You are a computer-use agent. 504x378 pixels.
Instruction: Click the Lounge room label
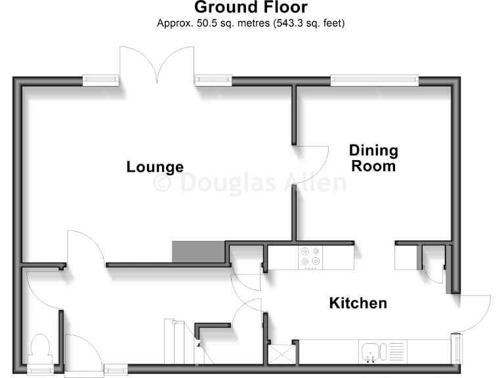coord(155,167)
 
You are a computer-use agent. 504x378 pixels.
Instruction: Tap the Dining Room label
coord(373,158)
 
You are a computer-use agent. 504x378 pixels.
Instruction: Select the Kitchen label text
coord(358,303)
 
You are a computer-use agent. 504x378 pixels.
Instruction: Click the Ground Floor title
coord(251,8)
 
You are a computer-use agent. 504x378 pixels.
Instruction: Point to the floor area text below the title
coord(251,24)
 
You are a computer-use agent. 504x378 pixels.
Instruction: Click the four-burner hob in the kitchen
coord(310,257)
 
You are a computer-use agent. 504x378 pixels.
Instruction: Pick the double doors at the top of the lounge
coord(156,66)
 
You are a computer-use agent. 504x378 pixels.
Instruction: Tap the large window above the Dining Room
coord(374,81)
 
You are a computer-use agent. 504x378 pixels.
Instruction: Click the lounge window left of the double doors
coord(101,81)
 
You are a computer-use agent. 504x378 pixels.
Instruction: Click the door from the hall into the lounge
coord(84,248)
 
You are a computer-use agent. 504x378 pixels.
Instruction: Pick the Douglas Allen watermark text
coord(249,182)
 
